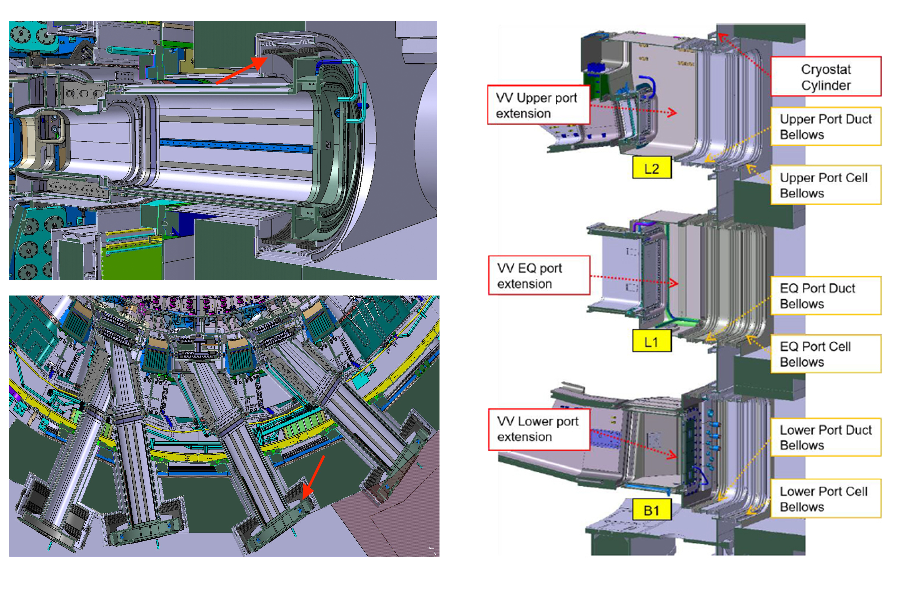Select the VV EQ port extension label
539,275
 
